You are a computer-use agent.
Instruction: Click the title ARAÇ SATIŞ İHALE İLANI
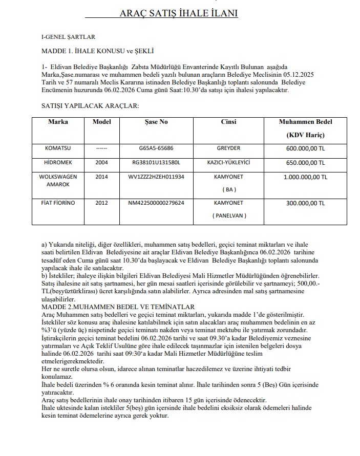(179, 14)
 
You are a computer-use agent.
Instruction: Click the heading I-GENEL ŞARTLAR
(68, 37)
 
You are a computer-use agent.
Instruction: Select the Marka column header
(58, 122)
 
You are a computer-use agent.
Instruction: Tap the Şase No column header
(156, 122)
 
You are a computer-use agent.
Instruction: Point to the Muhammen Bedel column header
(305, 122)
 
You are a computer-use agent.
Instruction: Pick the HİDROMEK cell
(58, 162)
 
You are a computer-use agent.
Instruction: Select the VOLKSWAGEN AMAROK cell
(58, 180)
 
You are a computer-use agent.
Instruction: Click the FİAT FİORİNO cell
(58, 203)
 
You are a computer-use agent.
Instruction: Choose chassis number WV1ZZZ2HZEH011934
(156, 177)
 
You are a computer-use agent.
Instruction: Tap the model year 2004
(101, 162)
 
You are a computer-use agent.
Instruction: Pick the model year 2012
(101, 203)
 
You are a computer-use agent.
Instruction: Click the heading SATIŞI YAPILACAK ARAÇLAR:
(90, 105)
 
